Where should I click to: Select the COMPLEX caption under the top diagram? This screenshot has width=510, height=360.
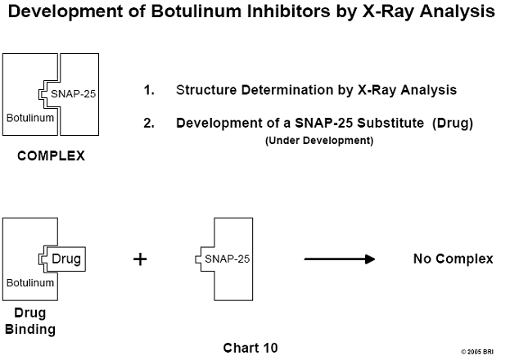51,155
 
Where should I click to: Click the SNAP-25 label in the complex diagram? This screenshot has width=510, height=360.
73,93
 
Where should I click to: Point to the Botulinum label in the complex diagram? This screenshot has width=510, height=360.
30,118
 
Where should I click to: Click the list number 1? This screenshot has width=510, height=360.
149,90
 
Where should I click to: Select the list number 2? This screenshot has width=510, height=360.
149,124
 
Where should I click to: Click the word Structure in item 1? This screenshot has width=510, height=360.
206,90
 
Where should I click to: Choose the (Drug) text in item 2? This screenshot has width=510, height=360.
453,124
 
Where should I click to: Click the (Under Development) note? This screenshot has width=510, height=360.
319,141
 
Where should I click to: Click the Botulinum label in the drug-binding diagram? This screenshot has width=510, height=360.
30,282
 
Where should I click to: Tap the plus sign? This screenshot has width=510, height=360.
140,259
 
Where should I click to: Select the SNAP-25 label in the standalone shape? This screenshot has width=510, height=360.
227,259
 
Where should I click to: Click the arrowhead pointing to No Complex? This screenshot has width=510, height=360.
371,259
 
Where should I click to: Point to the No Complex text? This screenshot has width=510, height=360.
453,259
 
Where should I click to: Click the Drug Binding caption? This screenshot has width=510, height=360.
30,321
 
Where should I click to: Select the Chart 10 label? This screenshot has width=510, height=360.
250,348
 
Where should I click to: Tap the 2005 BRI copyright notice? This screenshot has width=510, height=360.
477,352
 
